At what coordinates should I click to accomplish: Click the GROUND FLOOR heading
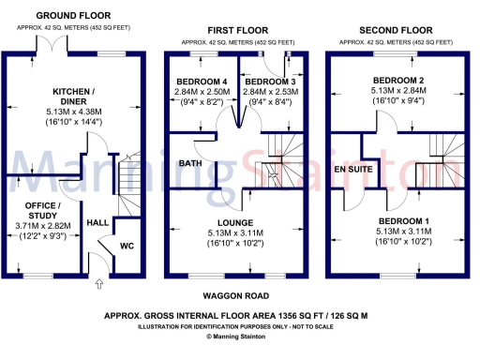[x=74, y=16]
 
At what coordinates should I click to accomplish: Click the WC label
[x=127, y=247]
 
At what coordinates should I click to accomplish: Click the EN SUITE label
[x=351, y=170]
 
